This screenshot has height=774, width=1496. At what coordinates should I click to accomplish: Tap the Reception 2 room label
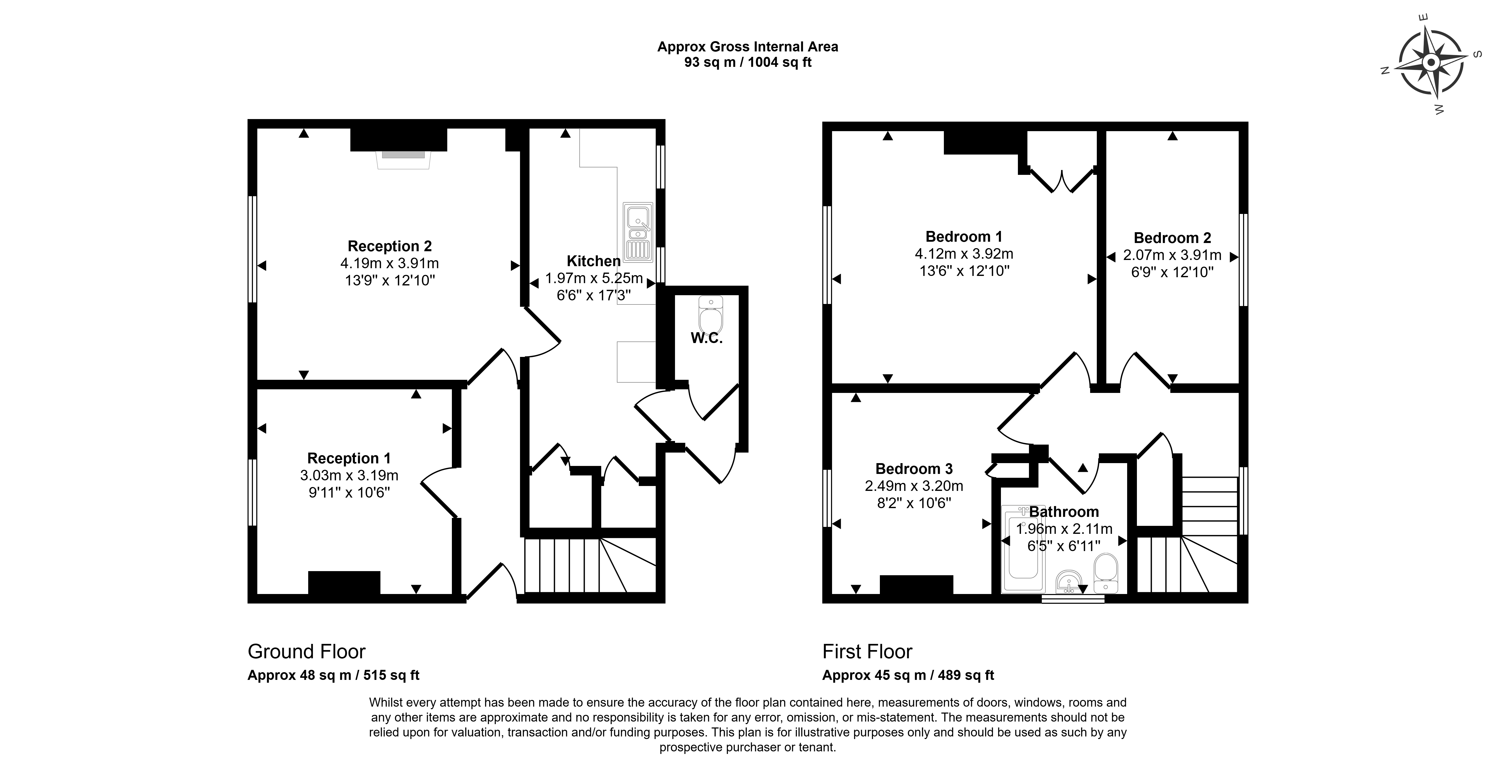390,246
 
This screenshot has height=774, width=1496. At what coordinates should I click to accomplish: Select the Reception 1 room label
349,458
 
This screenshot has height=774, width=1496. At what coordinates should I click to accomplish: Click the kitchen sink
638,231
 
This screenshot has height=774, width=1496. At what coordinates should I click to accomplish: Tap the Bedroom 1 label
964,237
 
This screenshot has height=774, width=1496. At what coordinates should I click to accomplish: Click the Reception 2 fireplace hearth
403,160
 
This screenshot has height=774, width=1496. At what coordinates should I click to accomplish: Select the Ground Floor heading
307,651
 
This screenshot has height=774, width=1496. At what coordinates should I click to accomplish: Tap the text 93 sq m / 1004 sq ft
748,62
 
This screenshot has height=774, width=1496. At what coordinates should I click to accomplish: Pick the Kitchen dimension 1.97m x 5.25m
594,278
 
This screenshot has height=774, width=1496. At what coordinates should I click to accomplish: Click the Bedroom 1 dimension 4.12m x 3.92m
964,254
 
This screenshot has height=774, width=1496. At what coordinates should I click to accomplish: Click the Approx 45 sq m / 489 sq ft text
908,675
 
